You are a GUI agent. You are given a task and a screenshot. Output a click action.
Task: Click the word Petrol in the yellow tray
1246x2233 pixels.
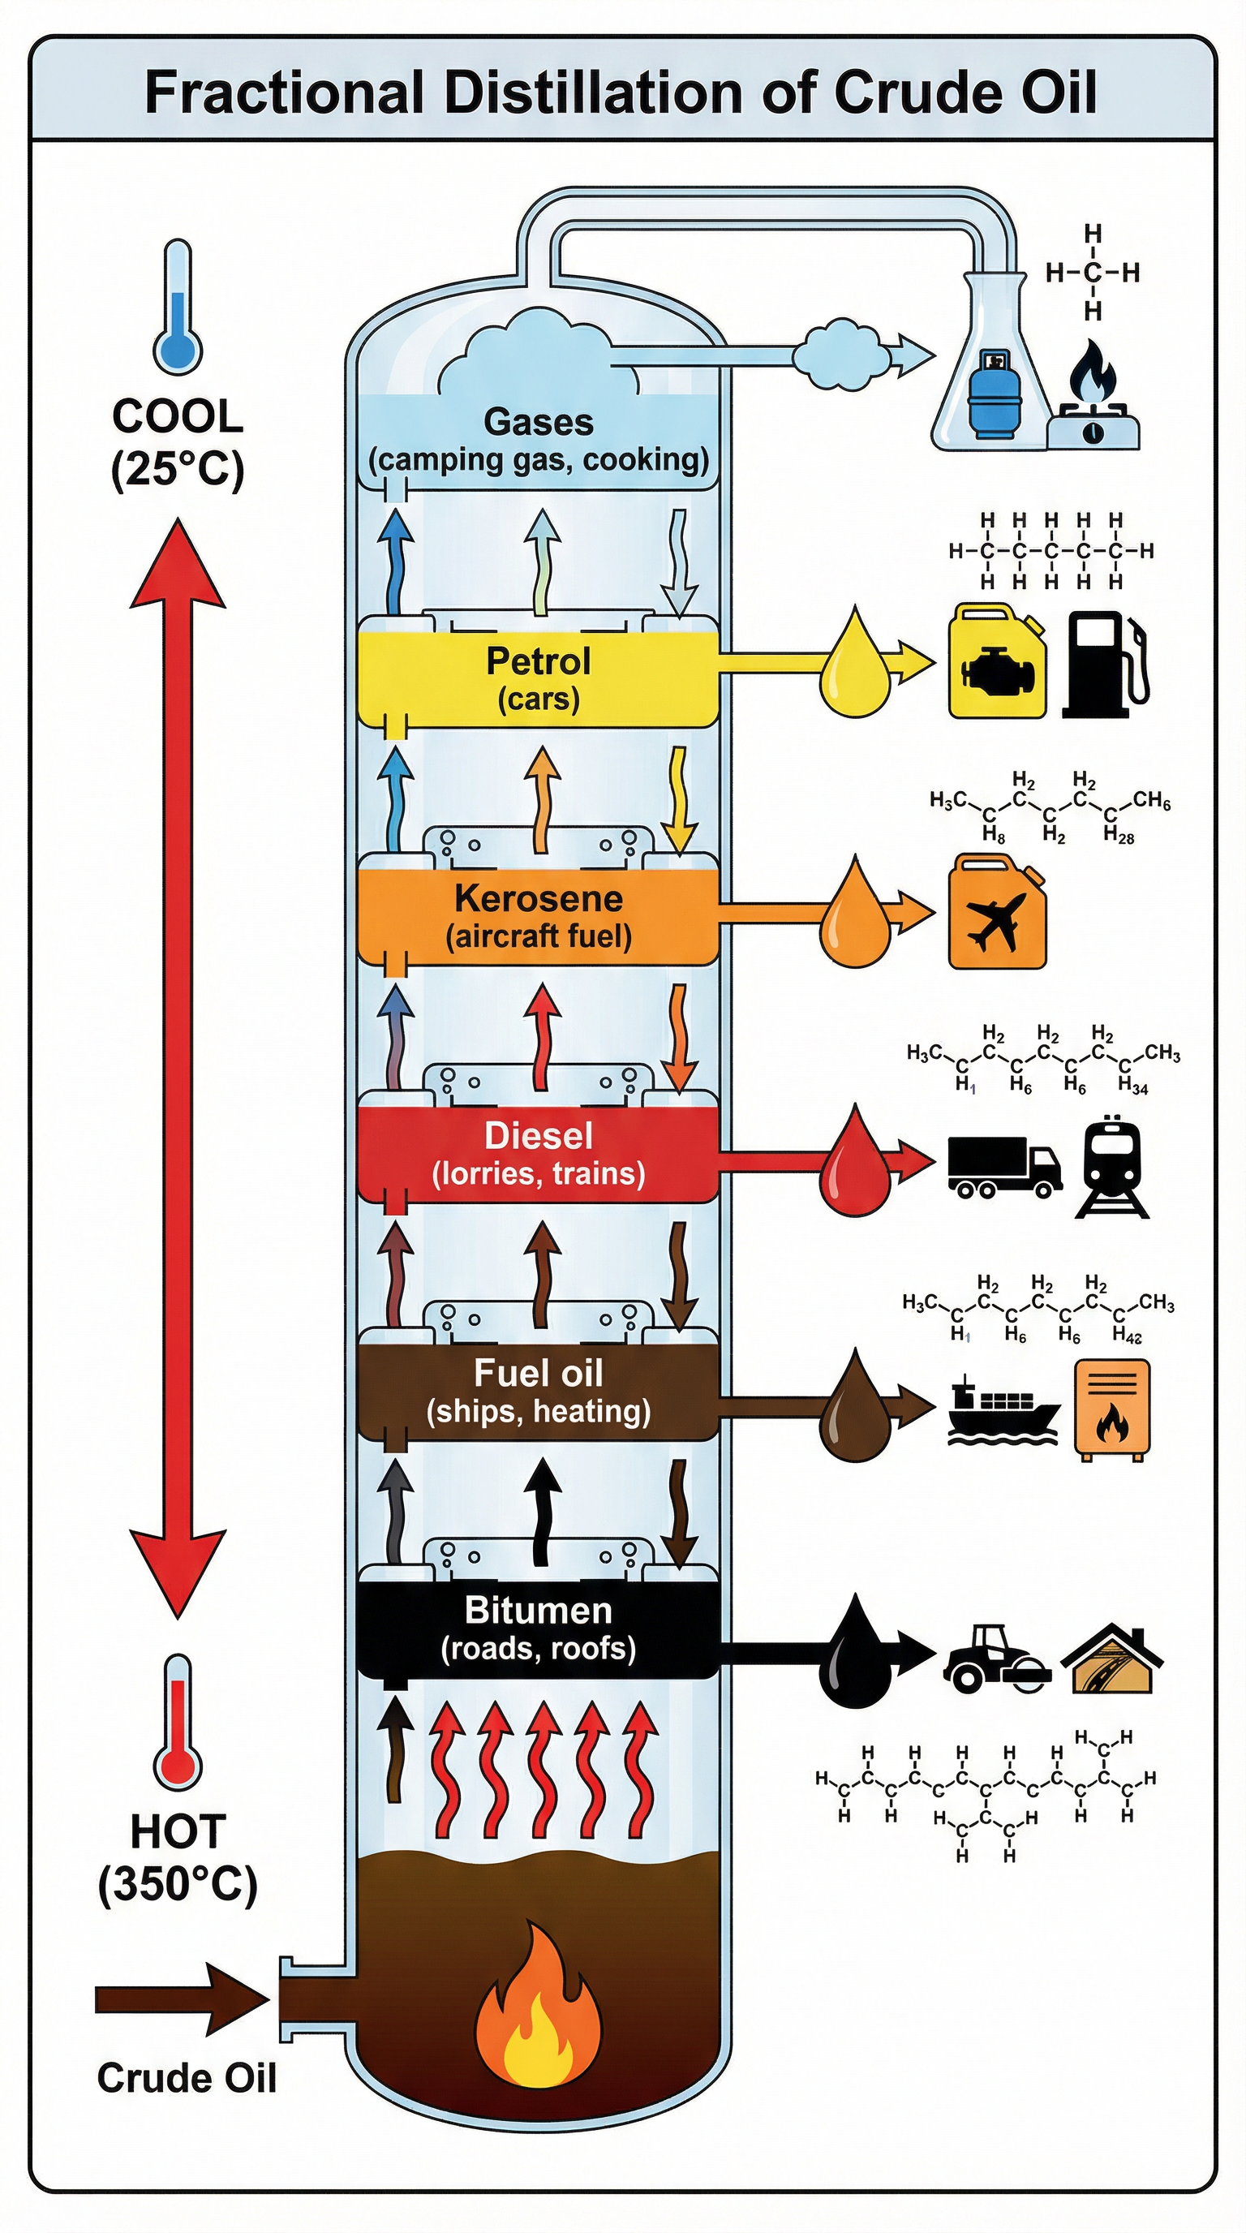point(538,661)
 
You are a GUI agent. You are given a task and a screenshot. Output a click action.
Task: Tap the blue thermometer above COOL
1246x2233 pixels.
point(178,308)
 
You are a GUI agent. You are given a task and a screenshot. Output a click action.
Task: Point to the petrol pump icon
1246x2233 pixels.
point(1106,664)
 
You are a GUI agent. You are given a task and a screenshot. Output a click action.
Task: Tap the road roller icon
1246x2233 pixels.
point(997,1659)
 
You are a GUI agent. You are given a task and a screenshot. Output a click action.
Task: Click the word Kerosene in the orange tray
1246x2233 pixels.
point(538,899)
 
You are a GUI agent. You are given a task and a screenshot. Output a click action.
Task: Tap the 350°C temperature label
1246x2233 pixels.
point(178,1885)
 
